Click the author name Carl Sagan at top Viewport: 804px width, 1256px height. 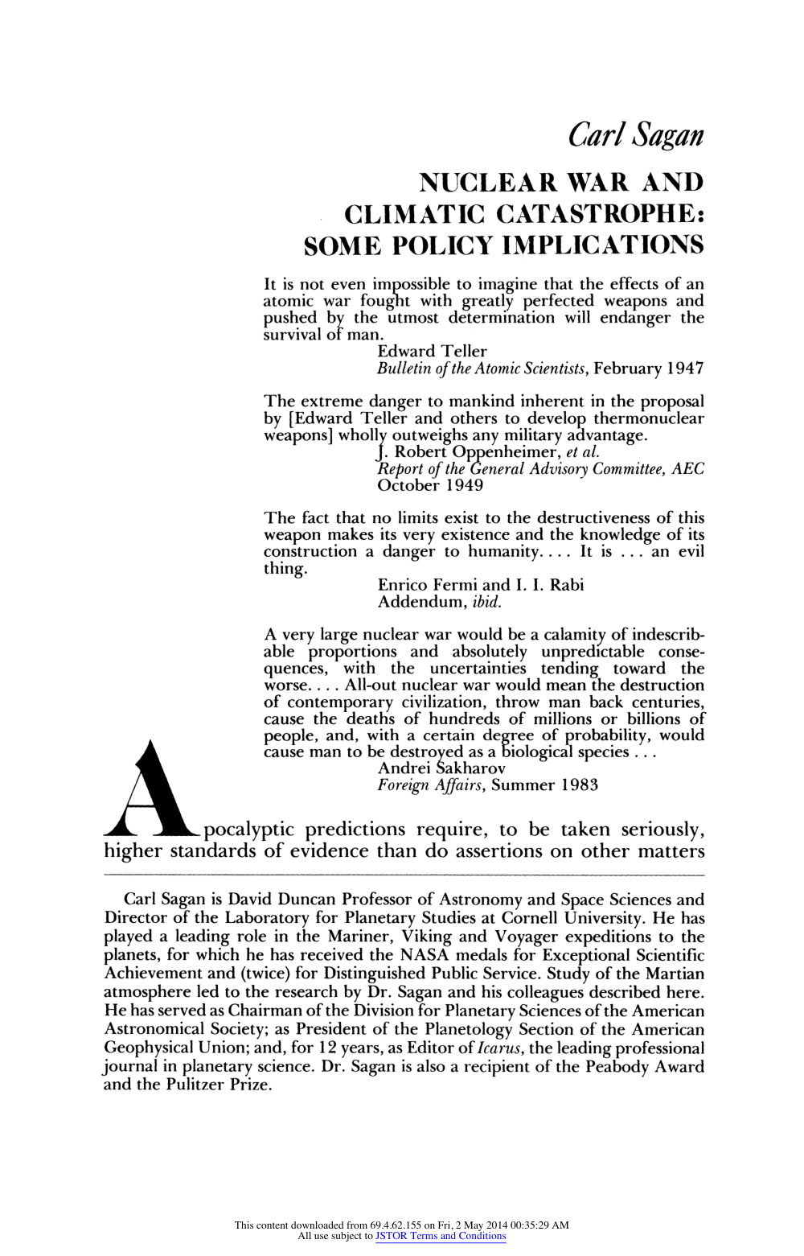[x=635, y=135]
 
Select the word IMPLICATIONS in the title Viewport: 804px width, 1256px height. [x=602, y=245]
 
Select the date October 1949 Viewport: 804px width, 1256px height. [x=430, y=485]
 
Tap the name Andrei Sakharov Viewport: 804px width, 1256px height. [x=441, y=768]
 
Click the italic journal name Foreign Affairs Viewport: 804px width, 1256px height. [x=431, y=785]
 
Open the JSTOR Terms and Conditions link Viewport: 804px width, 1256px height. [x=441, y=1236]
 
